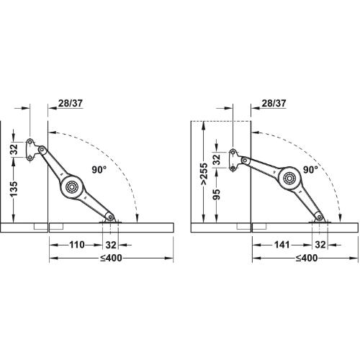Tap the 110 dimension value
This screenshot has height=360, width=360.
[77, 245]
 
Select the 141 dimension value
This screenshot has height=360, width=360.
[282, 245]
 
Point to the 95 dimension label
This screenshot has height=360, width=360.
[217, 195]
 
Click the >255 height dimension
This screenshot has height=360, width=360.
[204, 174]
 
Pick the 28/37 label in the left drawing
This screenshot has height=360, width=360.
[71, 103]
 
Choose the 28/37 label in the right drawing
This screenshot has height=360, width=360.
[274, 103]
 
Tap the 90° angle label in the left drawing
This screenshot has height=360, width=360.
[99, 170]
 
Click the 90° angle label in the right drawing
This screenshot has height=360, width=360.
[310, 170]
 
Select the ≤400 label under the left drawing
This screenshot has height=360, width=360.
[111, 258]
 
